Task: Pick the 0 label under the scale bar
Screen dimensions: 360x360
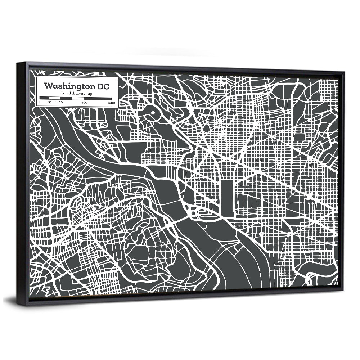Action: click(x=40, y=103)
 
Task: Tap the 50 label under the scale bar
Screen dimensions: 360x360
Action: click(x=49, y=103)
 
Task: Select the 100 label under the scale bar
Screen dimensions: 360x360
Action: click(x=59, y=103)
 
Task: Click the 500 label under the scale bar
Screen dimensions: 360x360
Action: click(x=84, y=103)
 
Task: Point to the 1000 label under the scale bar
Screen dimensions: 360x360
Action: click(x=111, y=103)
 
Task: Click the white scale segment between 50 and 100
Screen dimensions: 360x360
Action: click(x=54, y=98)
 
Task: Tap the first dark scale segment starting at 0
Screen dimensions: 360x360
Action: click(x=44, y=98)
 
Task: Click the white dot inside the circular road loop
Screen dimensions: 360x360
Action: click(x=153, y=114)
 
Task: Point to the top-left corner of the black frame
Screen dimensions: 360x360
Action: click(x=17, y=63)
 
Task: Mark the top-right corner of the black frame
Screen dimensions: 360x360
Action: click(x=344, y=72)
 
